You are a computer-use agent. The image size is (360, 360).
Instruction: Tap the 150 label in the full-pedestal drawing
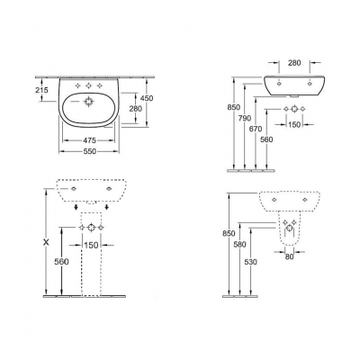(91, 245)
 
